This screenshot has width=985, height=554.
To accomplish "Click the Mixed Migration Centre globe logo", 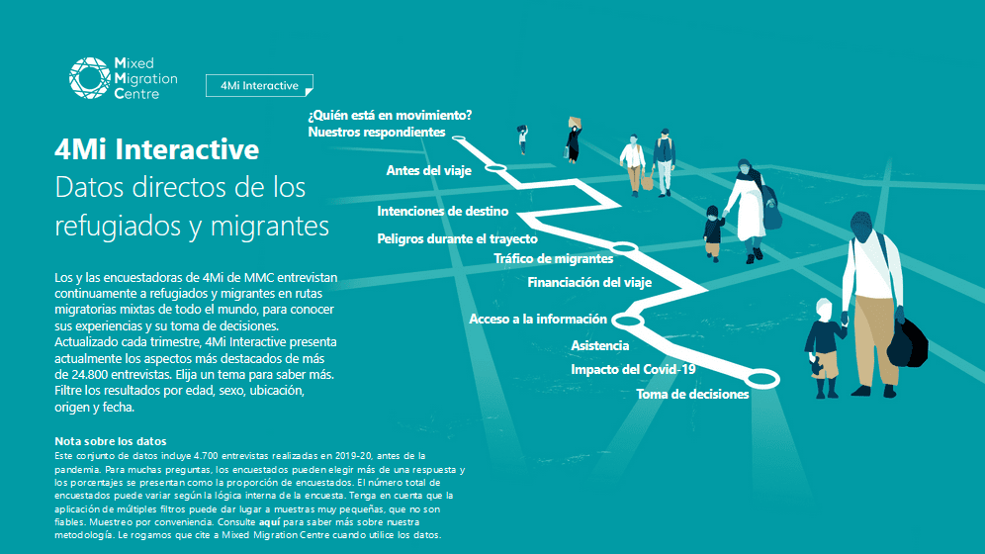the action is pyautogui.click(x=90, y=78).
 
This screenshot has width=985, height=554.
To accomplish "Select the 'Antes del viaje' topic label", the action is pyautogui.click(x=428, y=171).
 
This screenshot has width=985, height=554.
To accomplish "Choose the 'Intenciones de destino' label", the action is pyautogui.click(x=442, y=211).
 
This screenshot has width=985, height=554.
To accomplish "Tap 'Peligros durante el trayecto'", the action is pyautogui.click(x=457, y=238).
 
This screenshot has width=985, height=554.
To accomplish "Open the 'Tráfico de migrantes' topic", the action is pyautogui.click(x=553, y=259).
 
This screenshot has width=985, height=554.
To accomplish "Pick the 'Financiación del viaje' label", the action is pyautogui.click(x=589, y=283).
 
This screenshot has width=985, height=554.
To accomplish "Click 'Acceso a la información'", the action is pyautogui.click(x=538, y=320).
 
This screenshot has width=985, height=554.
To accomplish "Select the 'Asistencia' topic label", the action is pyautogui.click(x=599, y=345).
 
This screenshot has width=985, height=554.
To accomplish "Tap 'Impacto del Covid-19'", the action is pyautogui.click(x=633, y=369).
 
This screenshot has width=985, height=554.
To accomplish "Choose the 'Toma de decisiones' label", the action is pyautogui.click(x=692, y=395).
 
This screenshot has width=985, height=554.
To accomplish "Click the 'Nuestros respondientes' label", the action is pyautogui.click(x=376, y=132).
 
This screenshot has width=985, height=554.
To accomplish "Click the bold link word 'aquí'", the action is pyautogui.click(x=270, y=522).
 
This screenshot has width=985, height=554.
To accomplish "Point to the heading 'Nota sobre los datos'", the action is pyautogui.click(x=111, y=441).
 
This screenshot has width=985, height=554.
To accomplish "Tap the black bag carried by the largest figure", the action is pyautogui.click(x=908, y=343).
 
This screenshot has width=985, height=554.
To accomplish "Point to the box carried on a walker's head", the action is pyautogui.click(x=575, y=122).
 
